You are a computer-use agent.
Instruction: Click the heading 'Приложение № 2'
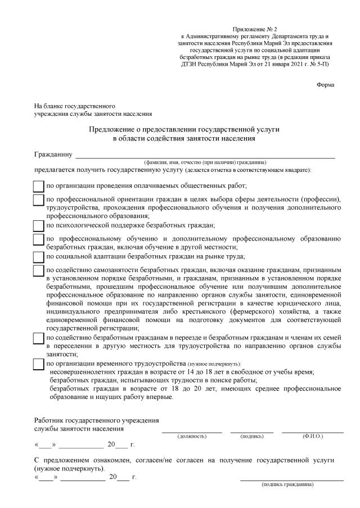pos(255,29)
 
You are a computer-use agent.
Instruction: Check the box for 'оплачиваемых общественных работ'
pos(38,186)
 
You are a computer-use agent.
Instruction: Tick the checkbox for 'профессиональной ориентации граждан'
pos(38,200)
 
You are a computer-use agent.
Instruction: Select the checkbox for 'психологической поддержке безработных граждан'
pos(38,226)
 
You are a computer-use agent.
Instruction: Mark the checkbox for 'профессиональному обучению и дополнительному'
pos(38,240)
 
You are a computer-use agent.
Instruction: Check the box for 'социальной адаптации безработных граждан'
pos(38,257)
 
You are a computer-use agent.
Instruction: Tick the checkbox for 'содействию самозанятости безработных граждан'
pos(38,271)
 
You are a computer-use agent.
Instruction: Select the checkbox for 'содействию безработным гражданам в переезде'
pos(38,338)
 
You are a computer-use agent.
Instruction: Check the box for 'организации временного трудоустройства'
pos(38,364)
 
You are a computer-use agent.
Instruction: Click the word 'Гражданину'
pos(53,153)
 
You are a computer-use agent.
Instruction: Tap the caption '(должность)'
pos(192,436)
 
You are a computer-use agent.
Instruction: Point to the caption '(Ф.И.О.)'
pos(312,436)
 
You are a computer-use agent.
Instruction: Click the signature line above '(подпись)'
pos(251,430)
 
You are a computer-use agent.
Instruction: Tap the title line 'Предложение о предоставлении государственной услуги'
pos(184,129)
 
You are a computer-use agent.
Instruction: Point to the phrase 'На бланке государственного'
pos(75,106)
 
